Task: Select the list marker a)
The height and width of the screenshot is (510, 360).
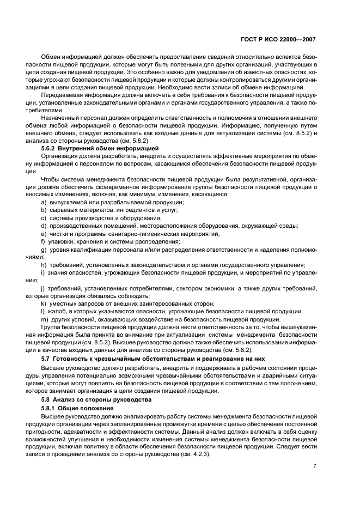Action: click(43, 202)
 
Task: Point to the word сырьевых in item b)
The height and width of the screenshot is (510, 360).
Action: click(64, 210)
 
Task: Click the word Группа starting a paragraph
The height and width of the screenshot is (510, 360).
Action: click(52, 327)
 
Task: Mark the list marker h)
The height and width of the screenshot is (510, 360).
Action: click(44, 265)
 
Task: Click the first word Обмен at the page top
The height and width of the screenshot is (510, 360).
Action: click(51, 57)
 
